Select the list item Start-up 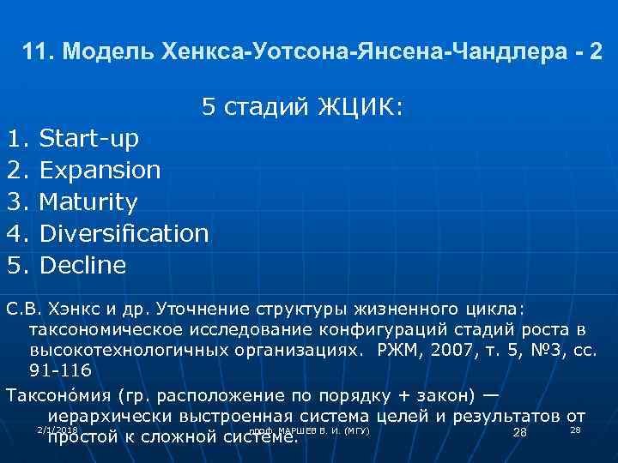(89, 138)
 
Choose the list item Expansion (100, 170)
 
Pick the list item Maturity (88, 202)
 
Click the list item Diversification (124, 233)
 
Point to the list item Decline (82, 265)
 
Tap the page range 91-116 (60, 371)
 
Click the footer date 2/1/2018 (58, 429)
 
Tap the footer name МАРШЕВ (297, 430)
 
